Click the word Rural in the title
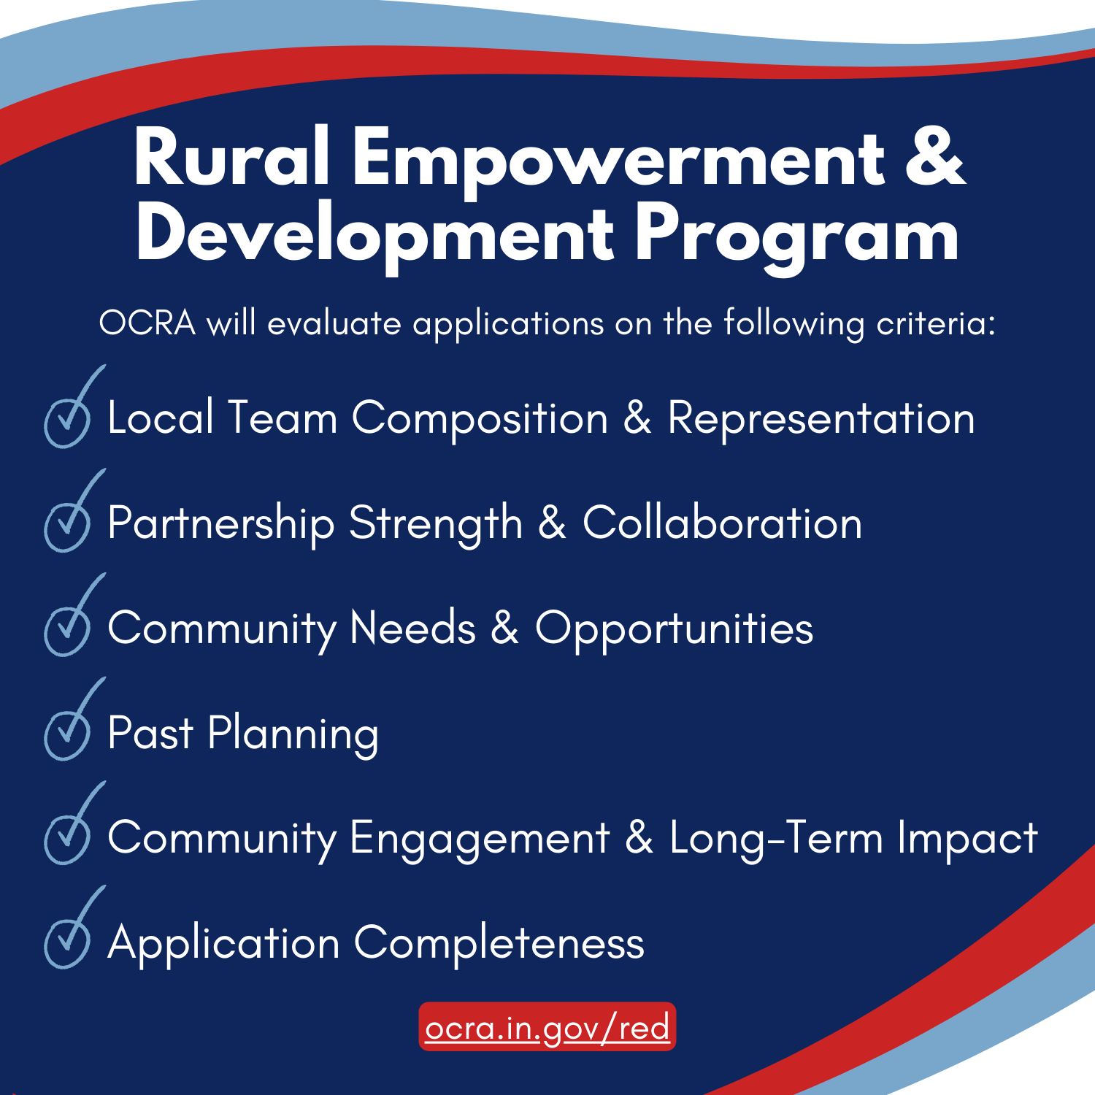click(231, 156)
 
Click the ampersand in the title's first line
click(935, 155)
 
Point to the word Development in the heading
click(374, 238)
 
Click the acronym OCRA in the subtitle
click(147, 323)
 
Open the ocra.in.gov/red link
click(547, 1027)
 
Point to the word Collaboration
click(722, 522)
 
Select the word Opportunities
click(674, 629)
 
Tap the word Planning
click(293, 734)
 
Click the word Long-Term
click(777, 838)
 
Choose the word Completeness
click(499, 943)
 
